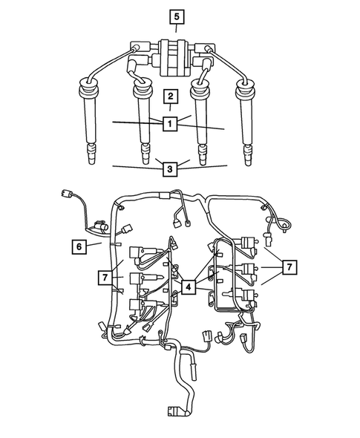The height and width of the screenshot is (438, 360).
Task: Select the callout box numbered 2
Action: pos(171,96)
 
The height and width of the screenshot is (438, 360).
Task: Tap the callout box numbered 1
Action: pos(170,124)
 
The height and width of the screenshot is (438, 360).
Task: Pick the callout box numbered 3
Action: pos(170,169)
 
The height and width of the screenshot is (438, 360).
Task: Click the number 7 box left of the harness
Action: pos(105,278)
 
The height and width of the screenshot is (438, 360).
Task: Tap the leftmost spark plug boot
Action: pos(92,119)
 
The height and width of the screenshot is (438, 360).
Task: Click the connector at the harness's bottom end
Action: pos(174,411)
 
